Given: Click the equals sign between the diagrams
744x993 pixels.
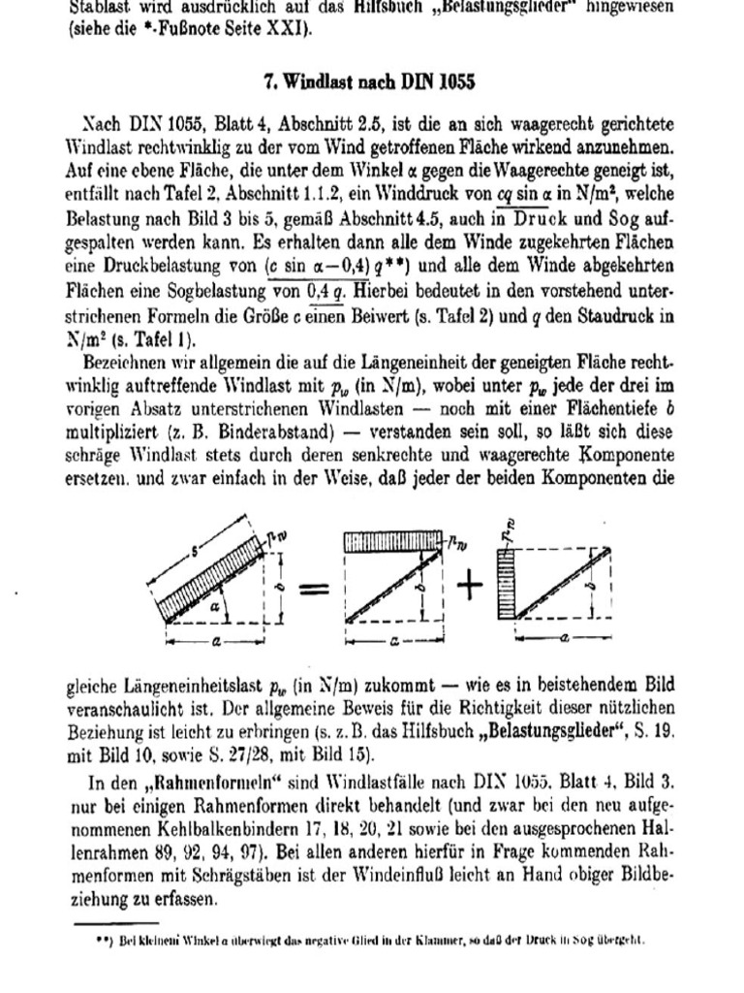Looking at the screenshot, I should click(x=314, y=589).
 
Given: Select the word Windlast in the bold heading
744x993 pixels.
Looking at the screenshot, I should click(x=313, y=81).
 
